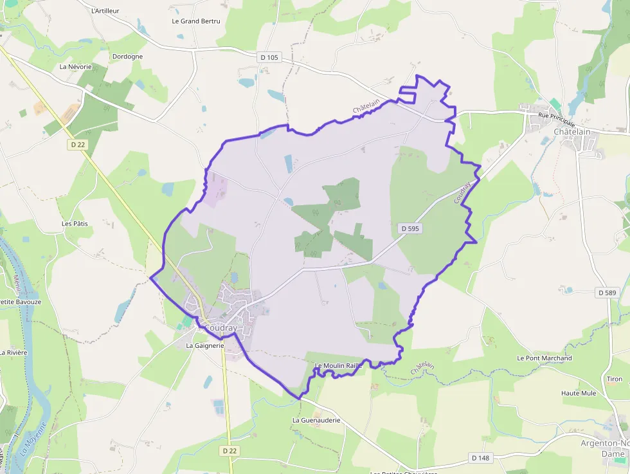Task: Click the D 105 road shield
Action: (x=270, y=57)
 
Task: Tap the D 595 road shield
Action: (x=410, y=228)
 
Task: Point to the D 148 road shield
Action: (x=481, y=458)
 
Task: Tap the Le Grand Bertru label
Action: (x=196, y=21)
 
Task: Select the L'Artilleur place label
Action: (x=105, y=11)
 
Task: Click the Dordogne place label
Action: (x=127, y=57)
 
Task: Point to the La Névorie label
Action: (x=75, y=67)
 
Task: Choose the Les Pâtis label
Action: (x=75, y=224)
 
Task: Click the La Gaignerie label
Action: (x=204, y=345)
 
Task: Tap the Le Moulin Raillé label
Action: (x=339, y=365)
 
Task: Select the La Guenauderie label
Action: (x=316, y=420)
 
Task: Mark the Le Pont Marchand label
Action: (x=544, y=358)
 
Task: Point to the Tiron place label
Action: (x=614, y=379)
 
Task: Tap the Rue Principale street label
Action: (x=557, y=120)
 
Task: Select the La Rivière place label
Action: (x=13, y=352)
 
